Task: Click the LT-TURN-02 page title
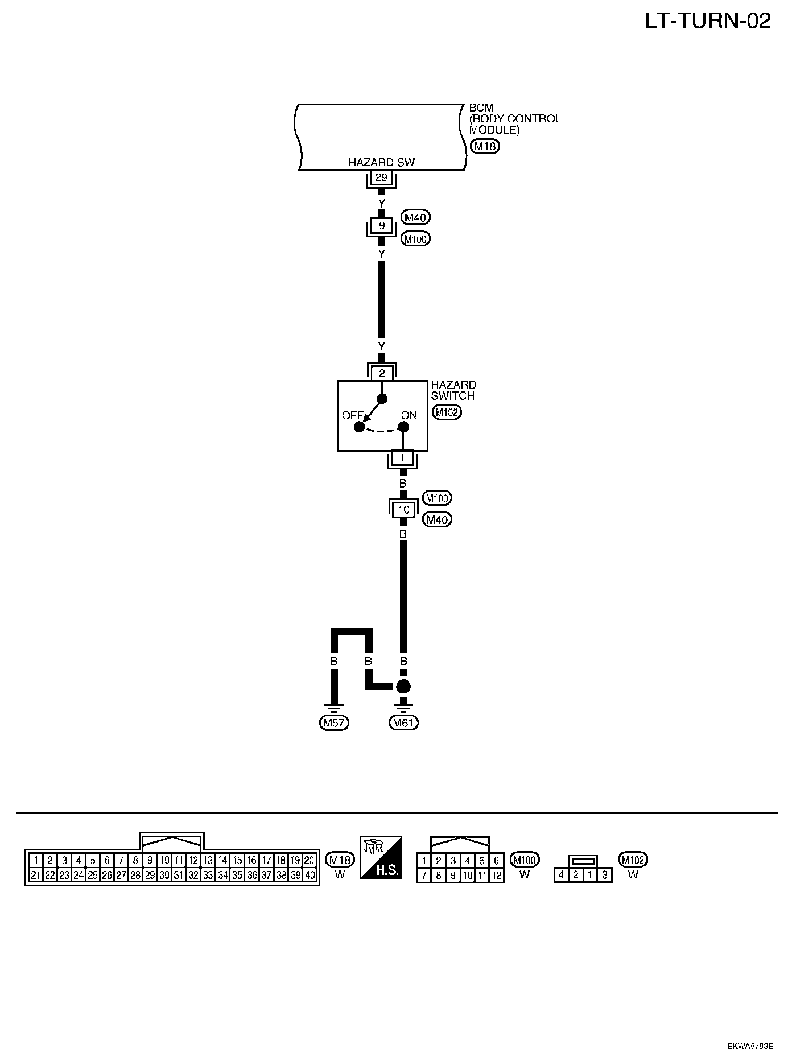tap(707, 22)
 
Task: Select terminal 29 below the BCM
tap(381, 177)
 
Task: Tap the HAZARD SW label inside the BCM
tap(381, 162)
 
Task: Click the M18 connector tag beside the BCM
tap(485, 147)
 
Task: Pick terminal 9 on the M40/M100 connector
tap(382, 226)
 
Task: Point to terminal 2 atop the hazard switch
tap(382, 373)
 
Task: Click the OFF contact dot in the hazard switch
tap(358, 427)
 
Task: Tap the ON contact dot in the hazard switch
tap(403, 427)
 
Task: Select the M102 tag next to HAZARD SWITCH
tap(447, 412)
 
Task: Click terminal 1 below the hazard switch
tap(403, 458)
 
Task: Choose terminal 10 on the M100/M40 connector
tap(403, 509)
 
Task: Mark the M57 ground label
tap(335, 723)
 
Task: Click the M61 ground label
tap(403, 723)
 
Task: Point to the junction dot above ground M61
tap(403, 686)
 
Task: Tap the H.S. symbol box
tap(381, 857)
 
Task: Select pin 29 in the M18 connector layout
tap(150, 876)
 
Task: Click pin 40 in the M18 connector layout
tap(310, 876)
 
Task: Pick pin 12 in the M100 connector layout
tap(496, 876)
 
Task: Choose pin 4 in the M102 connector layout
tap(561, 875)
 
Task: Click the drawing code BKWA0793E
tap(750, 1046)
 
